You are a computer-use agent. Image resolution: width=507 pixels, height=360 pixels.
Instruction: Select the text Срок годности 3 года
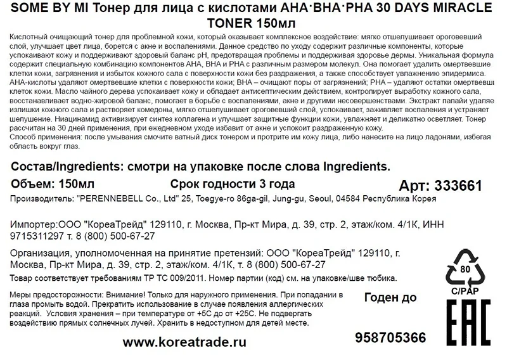point(233,184)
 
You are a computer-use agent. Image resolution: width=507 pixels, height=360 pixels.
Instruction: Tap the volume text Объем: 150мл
point(53,184)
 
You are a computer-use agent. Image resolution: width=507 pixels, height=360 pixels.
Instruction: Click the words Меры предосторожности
point(55,296)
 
